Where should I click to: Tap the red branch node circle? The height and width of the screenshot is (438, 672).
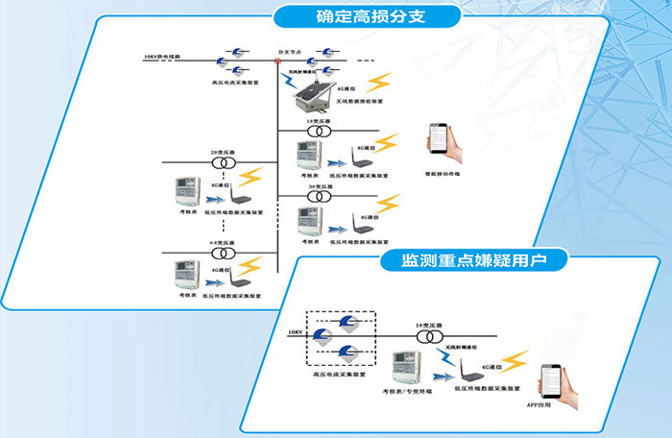(276, 61)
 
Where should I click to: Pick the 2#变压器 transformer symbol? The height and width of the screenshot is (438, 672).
(223, 163)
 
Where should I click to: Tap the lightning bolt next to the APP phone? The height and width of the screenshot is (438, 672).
(515, 360)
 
